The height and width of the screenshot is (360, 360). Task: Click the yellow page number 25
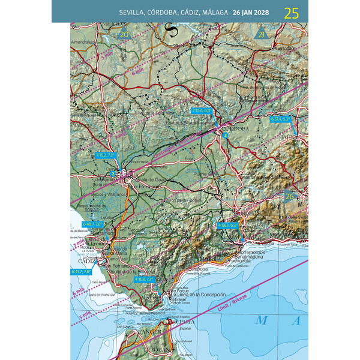coord(292,13)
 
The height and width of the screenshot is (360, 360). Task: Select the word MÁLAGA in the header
coord(215,13)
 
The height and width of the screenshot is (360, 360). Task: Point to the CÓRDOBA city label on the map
coord(235,129)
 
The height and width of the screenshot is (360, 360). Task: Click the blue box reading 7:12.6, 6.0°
coord(202,111)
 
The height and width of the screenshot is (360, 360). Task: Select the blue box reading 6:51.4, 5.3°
coord(280,119)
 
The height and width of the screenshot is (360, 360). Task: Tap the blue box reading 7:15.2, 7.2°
coord(104,155)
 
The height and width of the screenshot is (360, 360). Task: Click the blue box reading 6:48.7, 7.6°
coord(92,224)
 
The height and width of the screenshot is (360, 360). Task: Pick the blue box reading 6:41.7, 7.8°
coord(81,271)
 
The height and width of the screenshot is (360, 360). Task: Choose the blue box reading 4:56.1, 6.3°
coord(228,225)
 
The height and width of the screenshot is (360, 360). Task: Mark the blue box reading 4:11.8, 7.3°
coord(145,279)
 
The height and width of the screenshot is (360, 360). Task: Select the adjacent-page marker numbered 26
coord(290,196)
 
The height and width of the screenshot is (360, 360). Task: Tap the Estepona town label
coord(199,269)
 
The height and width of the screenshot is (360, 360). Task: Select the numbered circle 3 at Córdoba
coord(225,136)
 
